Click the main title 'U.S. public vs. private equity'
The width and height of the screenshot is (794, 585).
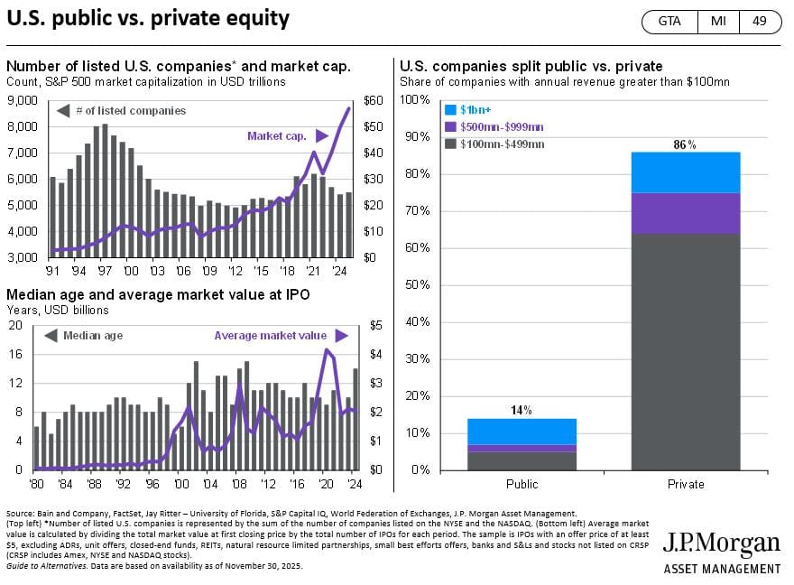click(148, 19)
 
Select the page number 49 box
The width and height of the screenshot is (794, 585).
click(759, 21)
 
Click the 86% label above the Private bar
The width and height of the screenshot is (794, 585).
click(685, 144)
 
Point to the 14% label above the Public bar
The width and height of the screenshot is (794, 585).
click(522, 410)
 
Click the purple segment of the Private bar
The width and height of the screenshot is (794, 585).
click(685, 213)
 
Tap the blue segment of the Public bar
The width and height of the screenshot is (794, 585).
click(522, 431)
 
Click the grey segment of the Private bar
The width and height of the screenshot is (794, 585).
click(685, 352)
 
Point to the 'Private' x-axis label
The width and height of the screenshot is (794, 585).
click(685, 485)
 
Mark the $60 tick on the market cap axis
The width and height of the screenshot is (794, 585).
click(371, 101)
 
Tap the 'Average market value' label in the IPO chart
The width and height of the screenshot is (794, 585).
click(271, 336)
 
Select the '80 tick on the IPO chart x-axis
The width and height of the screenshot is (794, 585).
click(36, 483)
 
